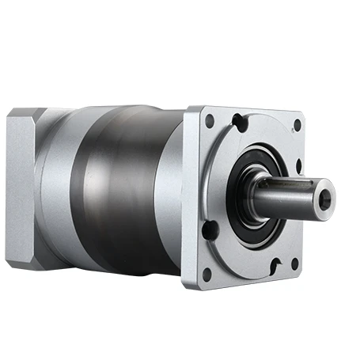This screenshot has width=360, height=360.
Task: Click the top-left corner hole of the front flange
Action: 210,121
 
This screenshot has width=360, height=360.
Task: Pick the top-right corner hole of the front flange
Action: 297,125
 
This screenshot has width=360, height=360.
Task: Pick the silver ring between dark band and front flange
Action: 166,194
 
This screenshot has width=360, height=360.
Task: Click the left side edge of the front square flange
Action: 190,198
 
